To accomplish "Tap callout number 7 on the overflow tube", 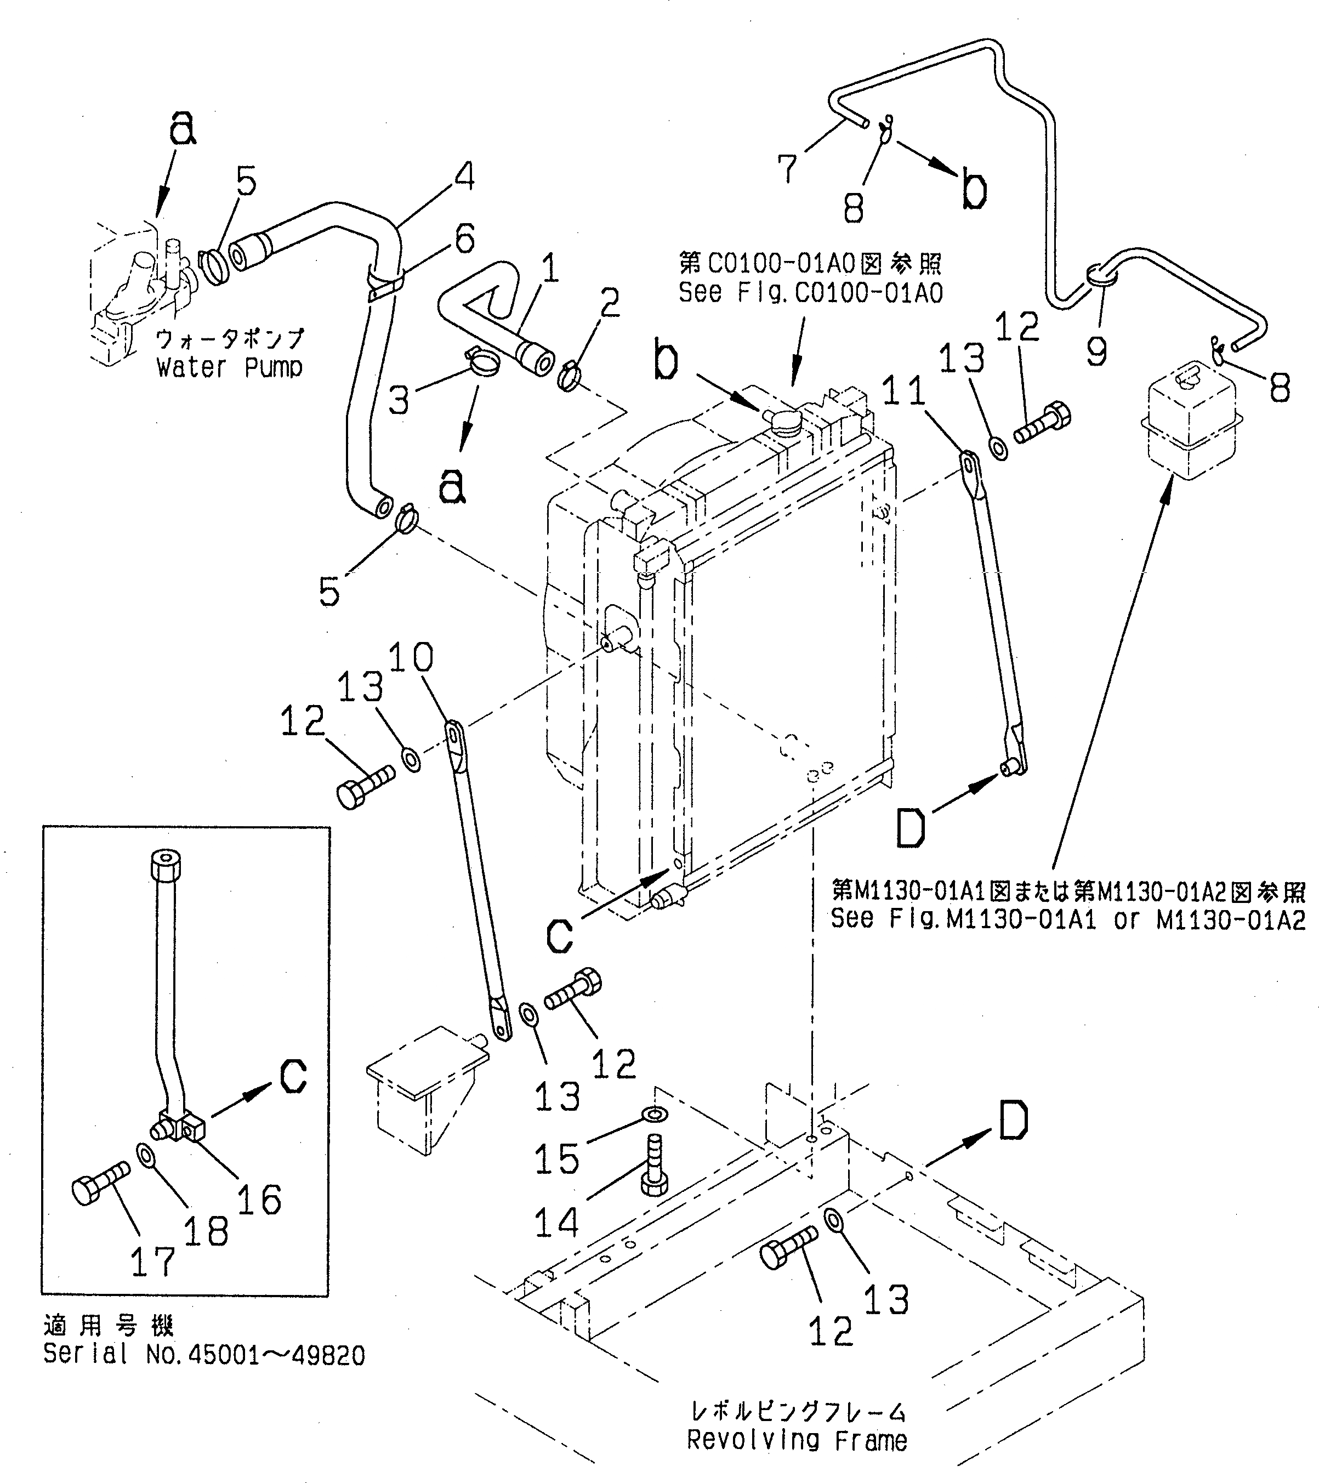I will pyautogui.click(x=787, y=168).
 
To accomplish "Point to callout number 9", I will pyautogui.click(x=1097, y=352).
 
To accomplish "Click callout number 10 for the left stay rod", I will pyautogui.click(x=411, y=657).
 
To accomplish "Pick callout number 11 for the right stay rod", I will pyautogui.click(x=904, y=392).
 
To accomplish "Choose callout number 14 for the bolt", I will pyautogui.click(x=556, y=1223).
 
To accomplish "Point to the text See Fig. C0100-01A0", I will pyautogui.click(x=810, y=292).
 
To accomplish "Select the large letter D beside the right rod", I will pyautogui.click(x=911, y=828).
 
